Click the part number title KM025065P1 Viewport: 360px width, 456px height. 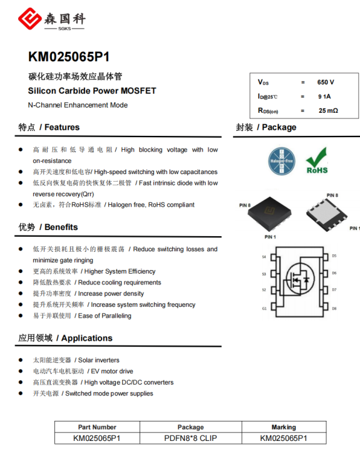pyautogui.click(x=69, y=57)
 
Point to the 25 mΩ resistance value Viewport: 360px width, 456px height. pyautogui.click(x=328, y=110)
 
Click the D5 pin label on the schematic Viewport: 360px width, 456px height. pyautogui.click(x=334, y=256)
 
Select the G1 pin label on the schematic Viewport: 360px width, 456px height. pyautogui.click(x=264, y=309)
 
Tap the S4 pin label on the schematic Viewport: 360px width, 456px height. pyautogui.click(x=264, y=257)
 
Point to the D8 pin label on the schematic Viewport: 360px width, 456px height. pyautogui.click(x=334, y=309)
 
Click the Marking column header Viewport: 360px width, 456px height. pyautogui.click(x=284, y=427)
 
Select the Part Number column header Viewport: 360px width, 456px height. pyautogui.click(x=97, y=427)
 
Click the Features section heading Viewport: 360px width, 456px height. pyautogui.click(x=49, y=127)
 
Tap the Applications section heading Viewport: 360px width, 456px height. pyautogui.click(x=66, y=338)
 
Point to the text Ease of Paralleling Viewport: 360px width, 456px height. pyautogui.click(x=105, y=316)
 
